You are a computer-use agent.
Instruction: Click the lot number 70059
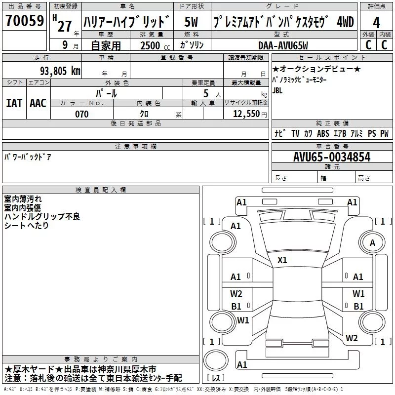tap(24, 21)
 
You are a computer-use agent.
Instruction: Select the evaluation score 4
tap(376, 23)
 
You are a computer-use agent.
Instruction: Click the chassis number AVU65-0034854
tap(331, 157)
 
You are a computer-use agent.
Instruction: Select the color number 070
tap(81, 114)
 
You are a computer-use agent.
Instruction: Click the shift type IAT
tap(14, 103)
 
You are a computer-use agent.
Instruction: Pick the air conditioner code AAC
tap(38, 103)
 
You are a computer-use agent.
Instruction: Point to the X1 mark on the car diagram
tap(282, 260)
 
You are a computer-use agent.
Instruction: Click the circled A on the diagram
tap(372, 242)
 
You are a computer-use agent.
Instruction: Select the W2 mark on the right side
tap(352, 338)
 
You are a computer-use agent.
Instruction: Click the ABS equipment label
tap(323, 133)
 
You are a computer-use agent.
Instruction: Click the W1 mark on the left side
tap(242, 320)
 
